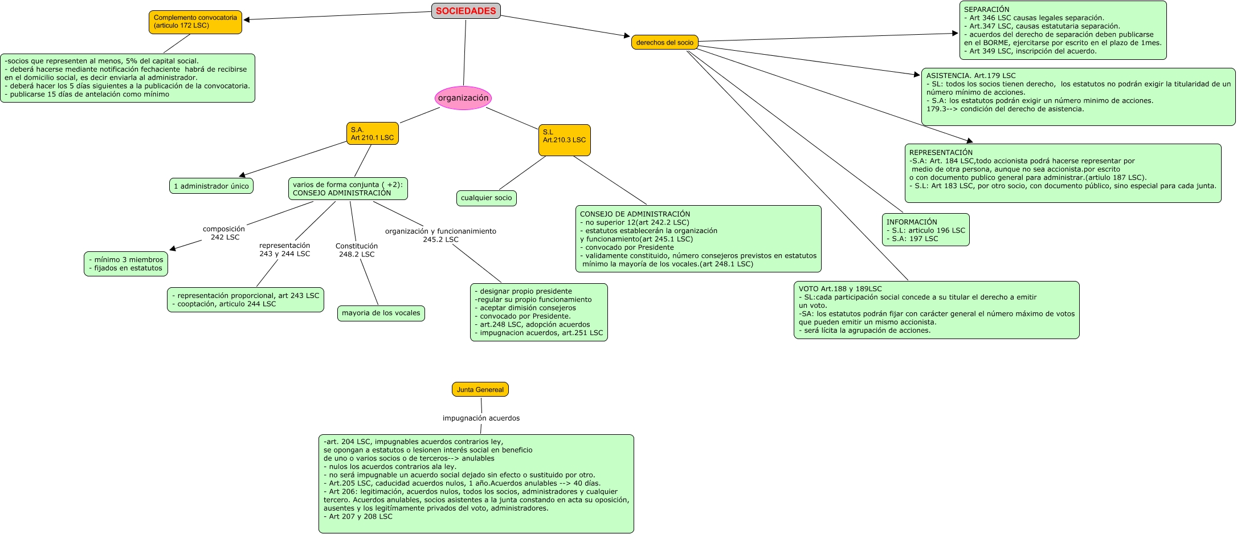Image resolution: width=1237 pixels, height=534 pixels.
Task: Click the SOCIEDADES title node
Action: [466, 11]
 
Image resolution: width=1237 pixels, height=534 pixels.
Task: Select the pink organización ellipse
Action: [463, 98]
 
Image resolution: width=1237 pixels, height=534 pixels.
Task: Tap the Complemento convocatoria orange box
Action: [195, 22]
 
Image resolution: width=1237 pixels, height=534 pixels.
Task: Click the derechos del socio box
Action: [664, 42]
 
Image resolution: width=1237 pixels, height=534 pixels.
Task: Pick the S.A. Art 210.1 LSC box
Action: [372, 133]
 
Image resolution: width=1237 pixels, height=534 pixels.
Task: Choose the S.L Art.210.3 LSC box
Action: [564, 140]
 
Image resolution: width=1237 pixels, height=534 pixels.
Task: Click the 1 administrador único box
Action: [211, 186]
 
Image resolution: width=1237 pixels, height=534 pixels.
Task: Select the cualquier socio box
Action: [486, 198]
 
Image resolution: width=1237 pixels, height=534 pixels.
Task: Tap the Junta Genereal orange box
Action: [480, 390]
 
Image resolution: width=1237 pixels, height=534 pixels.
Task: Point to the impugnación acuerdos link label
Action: [481, 418]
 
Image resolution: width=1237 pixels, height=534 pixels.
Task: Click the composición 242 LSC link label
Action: [224, 233]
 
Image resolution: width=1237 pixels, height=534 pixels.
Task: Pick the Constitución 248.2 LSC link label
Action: [357, 250]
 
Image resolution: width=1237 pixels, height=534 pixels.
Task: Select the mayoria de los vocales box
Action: [381, 313]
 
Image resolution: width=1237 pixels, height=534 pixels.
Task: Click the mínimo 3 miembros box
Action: [126, 264]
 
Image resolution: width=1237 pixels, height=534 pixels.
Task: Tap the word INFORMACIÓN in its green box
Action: [912, 222]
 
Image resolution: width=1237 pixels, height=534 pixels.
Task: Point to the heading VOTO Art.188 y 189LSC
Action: [840, 289]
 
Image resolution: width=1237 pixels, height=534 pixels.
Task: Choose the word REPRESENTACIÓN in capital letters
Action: [941, 153]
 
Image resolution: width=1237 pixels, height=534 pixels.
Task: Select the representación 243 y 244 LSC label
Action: [284, 250]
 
